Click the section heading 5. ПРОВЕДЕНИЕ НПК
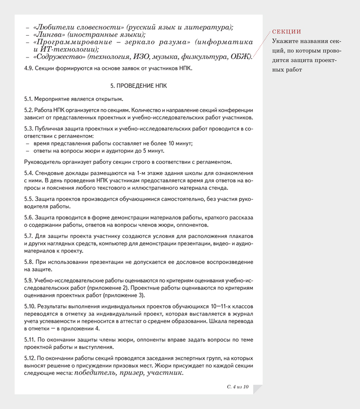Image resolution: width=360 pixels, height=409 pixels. (x=139, y=86)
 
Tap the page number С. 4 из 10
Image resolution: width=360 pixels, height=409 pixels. (x=238, y=387)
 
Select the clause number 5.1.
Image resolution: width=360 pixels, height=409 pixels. (x=28, y=99)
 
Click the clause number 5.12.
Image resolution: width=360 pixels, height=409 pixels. (x=30, y=358)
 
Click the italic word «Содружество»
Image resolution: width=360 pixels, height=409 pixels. (x=59, y=57)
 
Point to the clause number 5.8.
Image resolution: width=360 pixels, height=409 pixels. (x=29, y=262)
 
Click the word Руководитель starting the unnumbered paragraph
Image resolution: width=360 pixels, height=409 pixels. (x=42, y=162)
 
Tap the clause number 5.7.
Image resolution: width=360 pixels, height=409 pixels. (x=29, y=236)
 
